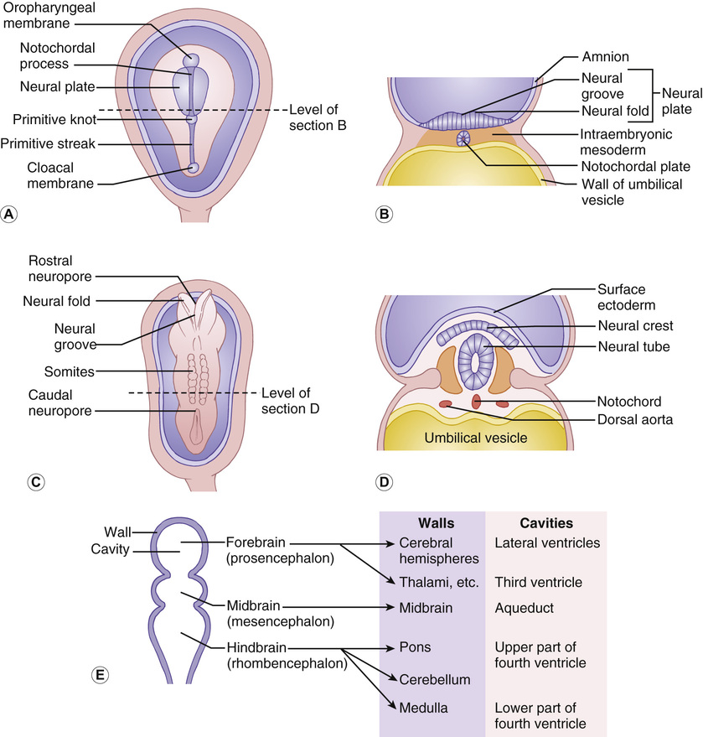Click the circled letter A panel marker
10,214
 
